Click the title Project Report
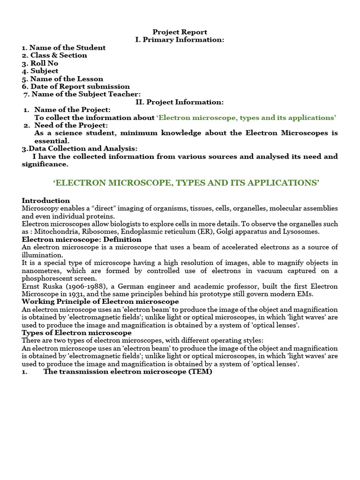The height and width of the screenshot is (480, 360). click(x=180, y=32)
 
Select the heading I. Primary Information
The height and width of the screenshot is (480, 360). click(x=180, y=40)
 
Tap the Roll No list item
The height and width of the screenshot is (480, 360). click(x=40, y=63)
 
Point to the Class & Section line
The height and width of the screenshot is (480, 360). click(x=54, y=55)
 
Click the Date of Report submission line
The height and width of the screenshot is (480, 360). click(x=75, y=86)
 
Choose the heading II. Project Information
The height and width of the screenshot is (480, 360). click(x=180, y=102)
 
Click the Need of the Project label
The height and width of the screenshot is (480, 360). click(x=71, y=125)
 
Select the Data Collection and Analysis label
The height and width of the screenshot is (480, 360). click(x=80, y=149)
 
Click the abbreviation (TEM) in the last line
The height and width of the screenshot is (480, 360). click(x=200, y=372)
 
